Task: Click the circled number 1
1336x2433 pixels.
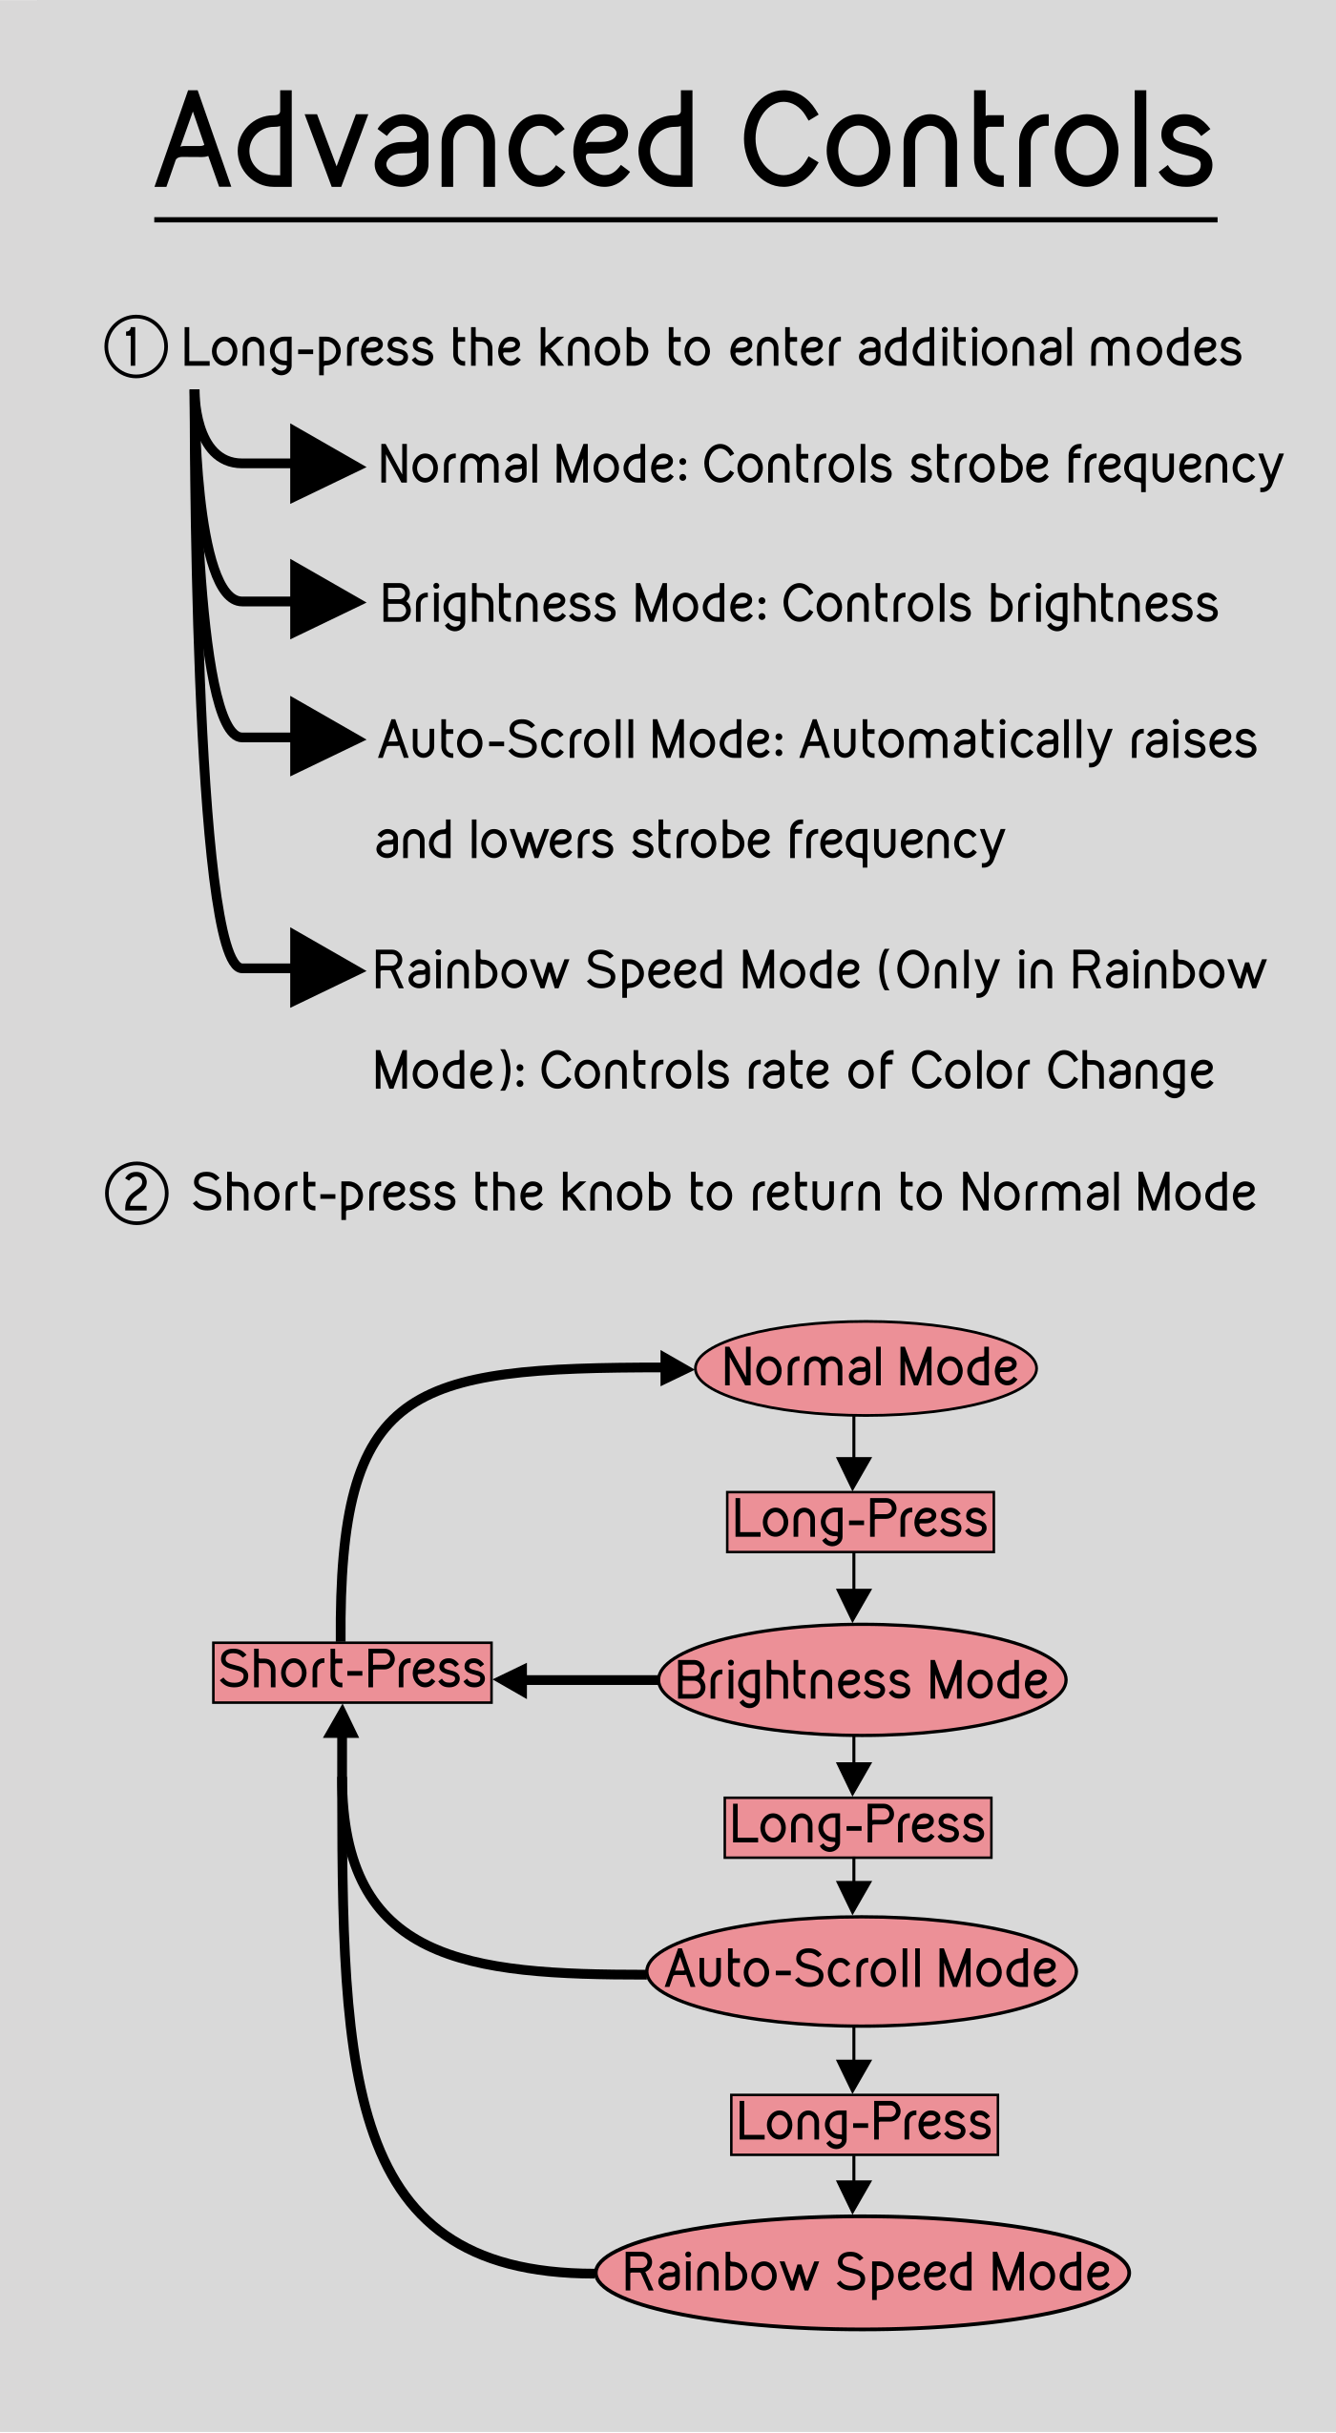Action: pos(136,347)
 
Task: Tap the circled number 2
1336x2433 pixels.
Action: pos(136,1193)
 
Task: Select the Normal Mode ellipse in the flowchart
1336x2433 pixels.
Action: pos(866,1367)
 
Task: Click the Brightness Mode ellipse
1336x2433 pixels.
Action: pos(862,1680)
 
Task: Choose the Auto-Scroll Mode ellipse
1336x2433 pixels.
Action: pos(862,1970)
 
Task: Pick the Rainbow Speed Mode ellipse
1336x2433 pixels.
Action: pos(863,2272)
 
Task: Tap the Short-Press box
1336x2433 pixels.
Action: pos(352,1673)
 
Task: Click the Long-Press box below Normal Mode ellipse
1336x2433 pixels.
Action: pos(860,1522)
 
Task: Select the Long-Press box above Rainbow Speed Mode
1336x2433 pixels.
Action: pos(864,2125)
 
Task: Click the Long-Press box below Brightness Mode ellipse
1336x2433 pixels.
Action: pos(858,1827)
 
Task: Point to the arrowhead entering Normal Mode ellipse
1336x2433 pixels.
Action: pos(677,1367)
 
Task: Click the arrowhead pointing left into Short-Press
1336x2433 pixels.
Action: pos(511,1680)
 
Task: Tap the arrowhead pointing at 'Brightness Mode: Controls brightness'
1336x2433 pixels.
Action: pos(324,599)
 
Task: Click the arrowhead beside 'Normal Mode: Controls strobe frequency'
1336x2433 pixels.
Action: pos(324,464)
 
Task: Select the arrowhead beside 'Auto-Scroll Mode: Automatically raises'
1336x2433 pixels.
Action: pos(324,737)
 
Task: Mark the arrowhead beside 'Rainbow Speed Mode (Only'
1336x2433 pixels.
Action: pos(324,967)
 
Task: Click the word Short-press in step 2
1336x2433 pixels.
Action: pos(324,1193)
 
